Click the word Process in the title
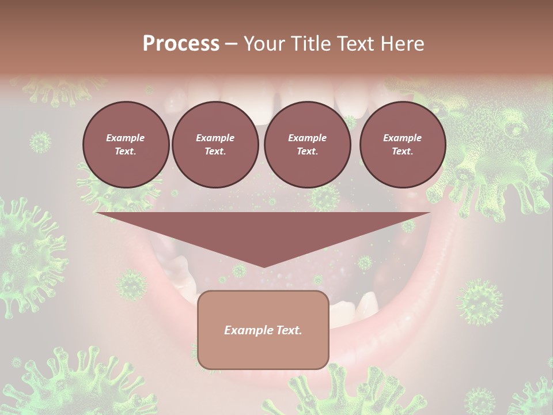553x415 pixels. tap(181, 43)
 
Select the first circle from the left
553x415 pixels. tap(126, 145)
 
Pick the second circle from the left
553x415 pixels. tap(215, 145)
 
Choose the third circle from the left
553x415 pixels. tap(308, 145)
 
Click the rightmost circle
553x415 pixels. tap(403, 145)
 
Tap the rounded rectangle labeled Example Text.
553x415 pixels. tap(263, 330)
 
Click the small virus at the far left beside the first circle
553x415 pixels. tap(40, 142)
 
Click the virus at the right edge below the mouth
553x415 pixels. tap(479, 301)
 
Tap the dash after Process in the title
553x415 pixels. tap(231, 44)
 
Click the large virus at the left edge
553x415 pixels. tap(26, 254)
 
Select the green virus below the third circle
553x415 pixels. tap(323, 197)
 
